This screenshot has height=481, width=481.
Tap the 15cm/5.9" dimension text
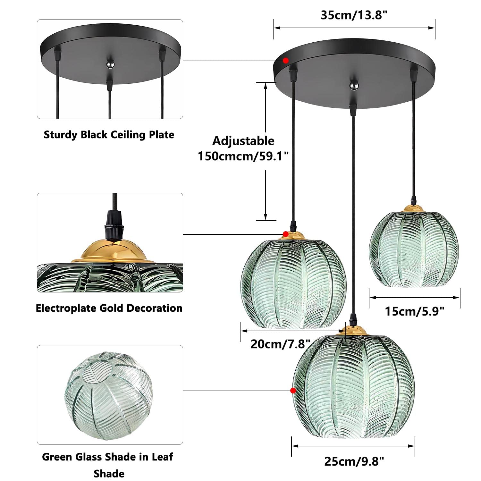point(415,311)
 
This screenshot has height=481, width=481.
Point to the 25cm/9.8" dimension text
point(354,461)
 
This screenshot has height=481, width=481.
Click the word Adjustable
point(243,141)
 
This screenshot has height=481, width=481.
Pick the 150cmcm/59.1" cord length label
point(243,156)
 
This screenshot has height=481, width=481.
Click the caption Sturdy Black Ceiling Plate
point(109,135)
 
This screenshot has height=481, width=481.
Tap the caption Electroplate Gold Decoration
point(109,308)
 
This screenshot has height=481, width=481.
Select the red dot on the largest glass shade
point(293,390)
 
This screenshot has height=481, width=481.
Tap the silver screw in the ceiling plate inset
point(109,64)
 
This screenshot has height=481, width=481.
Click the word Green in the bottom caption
point(56,457)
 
